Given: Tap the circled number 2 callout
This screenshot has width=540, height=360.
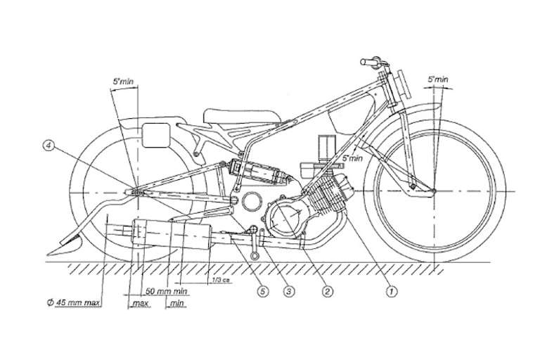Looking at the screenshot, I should (326, 287).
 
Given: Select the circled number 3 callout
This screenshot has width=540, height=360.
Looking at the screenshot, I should (287, 287).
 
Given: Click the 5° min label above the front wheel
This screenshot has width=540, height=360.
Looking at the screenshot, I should (438, 81).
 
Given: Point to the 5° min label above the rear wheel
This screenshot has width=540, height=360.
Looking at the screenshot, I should (124, 81).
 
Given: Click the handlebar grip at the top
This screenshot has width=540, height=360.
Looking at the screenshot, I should (368, 63).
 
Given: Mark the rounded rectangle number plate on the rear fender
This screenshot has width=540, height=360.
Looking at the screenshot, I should (155, 134).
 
